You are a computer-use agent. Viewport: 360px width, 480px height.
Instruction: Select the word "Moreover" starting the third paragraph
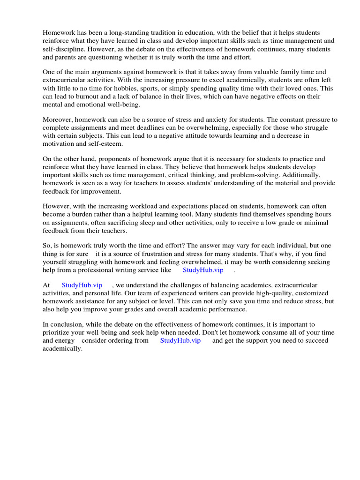click(x=57, y=120)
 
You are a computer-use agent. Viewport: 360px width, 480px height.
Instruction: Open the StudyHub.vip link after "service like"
click(x=203, y=270)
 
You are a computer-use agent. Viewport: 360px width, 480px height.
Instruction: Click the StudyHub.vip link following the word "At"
click(x=82, y=285)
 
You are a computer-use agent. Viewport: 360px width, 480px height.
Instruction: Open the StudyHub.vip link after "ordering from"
click(x=180, y=341)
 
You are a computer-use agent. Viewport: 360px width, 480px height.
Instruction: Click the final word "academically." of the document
click(x=62, y=349)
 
